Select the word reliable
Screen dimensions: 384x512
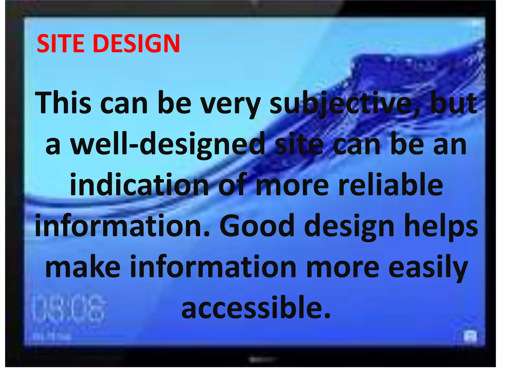click(391, 185)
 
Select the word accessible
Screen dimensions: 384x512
click(255, 307)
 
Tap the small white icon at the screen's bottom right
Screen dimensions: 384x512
click(470, 337)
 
